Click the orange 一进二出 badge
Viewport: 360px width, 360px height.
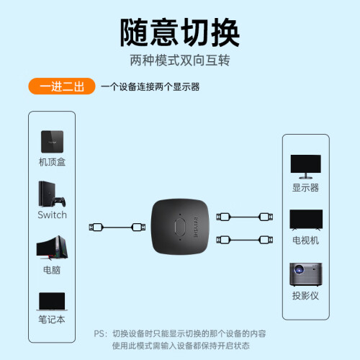(62, 86)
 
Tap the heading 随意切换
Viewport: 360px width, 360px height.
(180, 32)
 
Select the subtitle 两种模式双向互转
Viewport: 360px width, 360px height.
(180, 60)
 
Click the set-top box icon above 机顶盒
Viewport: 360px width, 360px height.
(52, 142)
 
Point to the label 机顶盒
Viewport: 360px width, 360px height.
(52, 162)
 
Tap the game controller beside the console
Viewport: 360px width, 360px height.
(59, 202)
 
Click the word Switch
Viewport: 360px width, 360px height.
(52, 215)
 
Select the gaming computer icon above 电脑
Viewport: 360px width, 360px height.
(52, 248)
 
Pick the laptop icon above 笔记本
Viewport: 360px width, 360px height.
(52, 302)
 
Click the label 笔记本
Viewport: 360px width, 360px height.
(52, 320)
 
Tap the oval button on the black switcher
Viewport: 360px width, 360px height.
(180, 227)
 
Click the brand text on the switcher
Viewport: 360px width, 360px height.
(196, 227)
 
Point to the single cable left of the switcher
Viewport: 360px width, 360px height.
(117, 227)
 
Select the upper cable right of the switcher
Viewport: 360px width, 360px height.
(245, 217)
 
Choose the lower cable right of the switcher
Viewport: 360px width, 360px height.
(245, 240)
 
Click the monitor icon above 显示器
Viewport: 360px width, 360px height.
(306, 166)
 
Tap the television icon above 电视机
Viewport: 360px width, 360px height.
(306, 220)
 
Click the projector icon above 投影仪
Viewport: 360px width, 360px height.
(306, 274)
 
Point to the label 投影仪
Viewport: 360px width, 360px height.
(305, 296)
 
